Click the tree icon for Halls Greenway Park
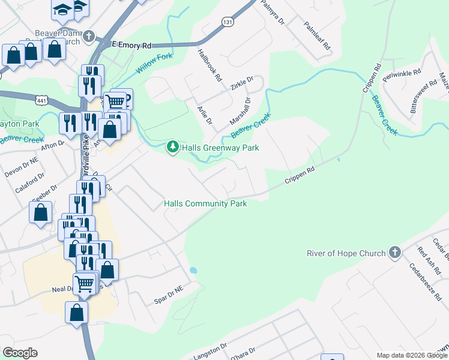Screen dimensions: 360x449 [x=173, y=147]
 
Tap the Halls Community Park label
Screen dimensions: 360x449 [x=206, y=204]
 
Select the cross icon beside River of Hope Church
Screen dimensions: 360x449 [x=394, y=253]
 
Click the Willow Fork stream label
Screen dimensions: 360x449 [x=154, y=63]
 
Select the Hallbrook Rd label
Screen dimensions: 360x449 [x=210, y=65]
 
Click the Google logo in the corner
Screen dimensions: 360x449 [x=20, y=353]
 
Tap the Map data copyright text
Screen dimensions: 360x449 [x=412, y=355]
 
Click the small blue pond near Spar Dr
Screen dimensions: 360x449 [x=193, y=271]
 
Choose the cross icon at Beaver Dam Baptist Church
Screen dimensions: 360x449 [x=89, y=37]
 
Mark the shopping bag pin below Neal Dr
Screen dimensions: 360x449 [x=76, y=313]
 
